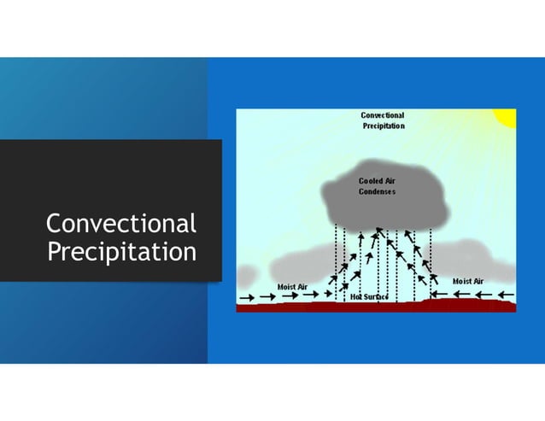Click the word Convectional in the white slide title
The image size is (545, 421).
[120, 224]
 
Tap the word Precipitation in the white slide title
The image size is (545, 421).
[120, 253]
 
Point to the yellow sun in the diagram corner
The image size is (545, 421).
[506, 117]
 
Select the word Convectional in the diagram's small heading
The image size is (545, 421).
[382, 115]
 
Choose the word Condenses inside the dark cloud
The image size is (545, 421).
[377, 191]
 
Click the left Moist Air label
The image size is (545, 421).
[293, 286]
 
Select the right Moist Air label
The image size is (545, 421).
[467, 281]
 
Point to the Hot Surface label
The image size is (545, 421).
[370, 297]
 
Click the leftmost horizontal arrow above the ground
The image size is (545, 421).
[246, 298]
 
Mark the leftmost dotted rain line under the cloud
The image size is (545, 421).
[336, 256]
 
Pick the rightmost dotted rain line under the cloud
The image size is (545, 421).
[431, 256]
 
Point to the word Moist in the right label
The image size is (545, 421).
[461, 281]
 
